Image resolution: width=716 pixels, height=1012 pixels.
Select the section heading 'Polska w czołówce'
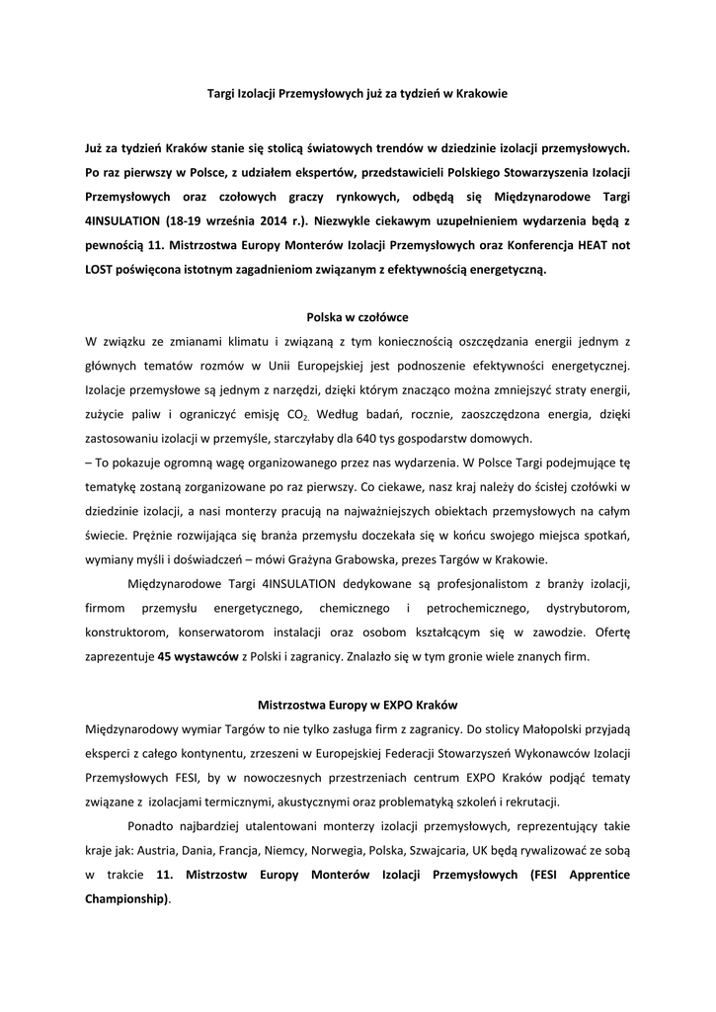click(x=358, y=317)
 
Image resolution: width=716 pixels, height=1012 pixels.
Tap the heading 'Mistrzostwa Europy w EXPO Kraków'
click(x=358, y=706)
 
